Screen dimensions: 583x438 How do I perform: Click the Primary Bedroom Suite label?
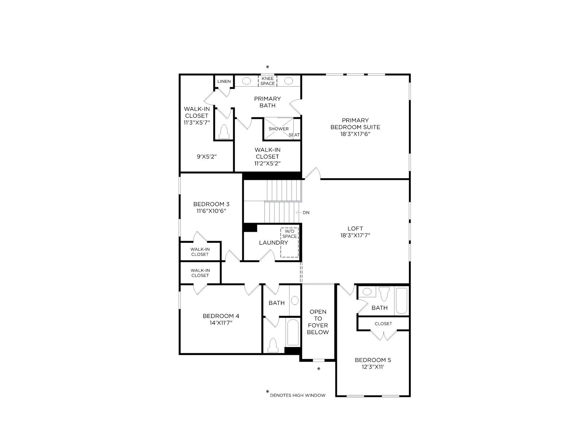click(x=355, y=124)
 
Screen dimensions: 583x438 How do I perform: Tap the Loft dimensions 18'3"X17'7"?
click(x=355, y=235)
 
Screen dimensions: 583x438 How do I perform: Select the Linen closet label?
click(x=224, y=81)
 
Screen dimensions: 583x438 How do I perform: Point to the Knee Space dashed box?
click(x=267, y=81)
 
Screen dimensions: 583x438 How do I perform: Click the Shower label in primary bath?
click(x=278, y=129)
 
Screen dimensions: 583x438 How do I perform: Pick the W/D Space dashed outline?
click(x=290, y=242)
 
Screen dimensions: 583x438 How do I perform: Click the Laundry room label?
click(x=273, y=242)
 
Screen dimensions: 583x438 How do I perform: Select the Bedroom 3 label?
click(x=211, y=204)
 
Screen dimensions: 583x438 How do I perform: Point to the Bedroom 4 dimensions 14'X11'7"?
click(x=221, y=323)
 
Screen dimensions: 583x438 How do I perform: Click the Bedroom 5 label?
click(x=373, y=360)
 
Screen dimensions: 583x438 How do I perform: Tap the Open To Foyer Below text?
click(x=318, y=322)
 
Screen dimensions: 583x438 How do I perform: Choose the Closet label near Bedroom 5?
click(x=383, y=324)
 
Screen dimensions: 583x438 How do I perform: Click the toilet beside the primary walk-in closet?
click(x=224, y=131)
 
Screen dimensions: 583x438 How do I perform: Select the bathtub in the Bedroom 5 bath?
click(x=402, y=301)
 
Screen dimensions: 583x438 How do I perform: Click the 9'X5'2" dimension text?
click(x=207, y=157)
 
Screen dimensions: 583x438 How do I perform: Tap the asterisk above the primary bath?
click(x=267, y=67)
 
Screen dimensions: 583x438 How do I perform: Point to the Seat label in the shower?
click(x=294, y=135)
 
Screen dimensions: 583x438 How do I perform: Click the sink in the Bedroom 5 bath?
click(x=367, y=292)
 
